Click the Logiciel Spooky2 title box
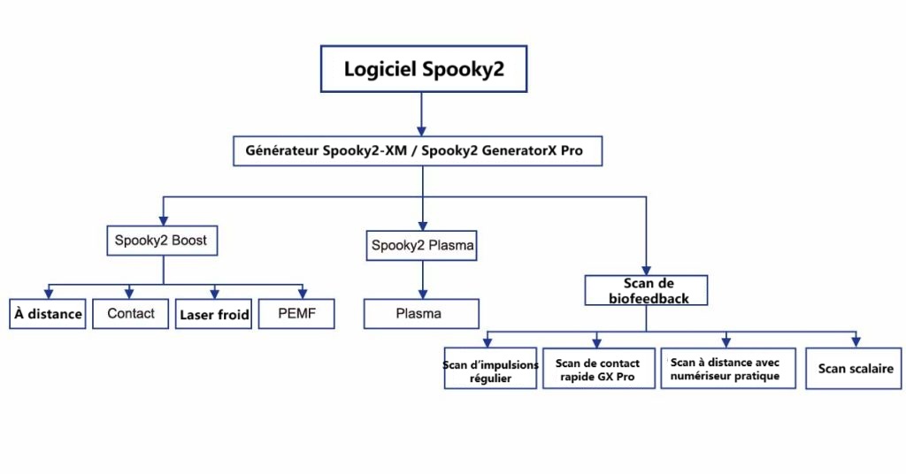[423, 68]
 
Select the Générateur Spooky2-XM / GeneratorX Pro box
[420, 150]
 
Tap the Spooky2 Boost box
[161, 240]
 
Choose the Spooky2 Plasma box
[422, 245]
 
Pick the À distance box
[48, 314]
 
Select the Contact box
[130, 314]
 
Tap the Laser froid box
[215, 314]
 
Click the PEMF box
[296, 314]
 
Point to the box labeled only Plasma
[421, 314]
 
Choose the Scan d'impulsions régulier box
[490, 368]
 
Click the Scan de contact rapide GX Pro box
[597, 368]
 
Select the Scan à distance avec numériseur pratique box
[726, 368]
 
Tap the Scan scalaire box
[855, 368]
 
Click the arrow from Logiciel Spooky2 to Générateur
[422, 113]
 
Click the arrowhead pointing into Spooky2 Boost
[162, 219]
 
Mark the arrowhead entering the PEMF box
[303, 294]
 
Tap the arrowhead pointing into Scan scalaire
[856, 342]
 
